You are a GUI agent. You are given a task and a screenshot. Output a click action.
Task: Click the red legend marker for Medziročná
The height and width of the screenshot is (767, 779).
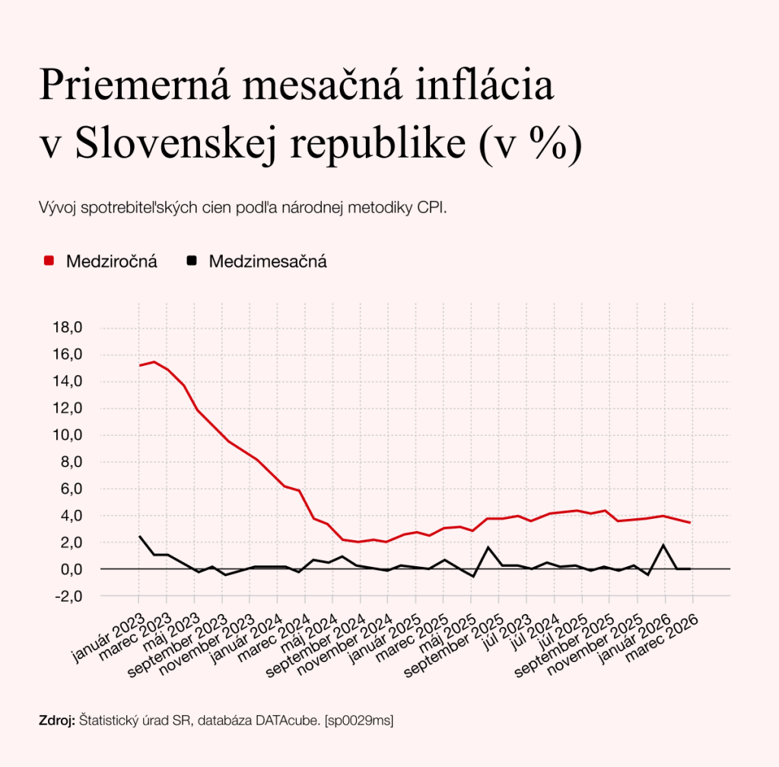(49, 261)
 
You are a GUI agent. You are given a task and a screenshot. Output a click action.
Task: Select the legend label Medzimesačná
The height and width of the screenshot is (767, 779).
(267, 262)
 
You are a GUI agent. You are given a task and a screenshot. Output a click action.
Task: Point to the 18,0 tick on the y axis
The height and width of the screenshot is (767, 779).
(66, 328)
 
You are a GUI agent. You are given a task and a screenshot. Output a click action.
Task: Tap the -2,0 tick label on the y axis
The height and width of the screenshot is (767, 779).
(66, 596)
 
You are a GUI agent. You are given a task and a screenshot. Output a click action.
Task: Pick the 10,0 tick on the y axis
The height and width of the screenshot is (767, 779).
(66, 435)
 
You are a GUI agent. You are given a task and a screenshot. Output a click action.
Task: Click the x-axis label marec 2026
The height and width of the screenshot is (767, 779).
(662, 631)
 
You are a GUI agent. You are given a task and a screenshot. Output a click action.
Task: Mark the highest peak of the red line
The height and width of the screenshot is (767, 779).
(154, 361)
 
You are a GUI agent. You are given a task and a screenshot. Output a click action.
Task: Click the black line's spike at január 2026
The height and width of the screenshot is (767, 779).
(664, 545)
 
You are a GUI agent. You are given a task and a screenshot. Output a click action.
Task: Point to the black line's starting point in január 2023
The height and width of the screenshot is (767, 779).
(139, 536)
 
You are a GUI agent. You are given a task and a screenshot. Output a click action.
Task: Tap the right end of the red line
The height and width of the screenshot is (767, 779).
(690, 522)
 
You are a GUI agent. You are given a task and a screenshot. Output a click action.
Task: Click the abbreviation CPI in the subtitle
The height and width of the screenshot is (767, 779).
(431, 208)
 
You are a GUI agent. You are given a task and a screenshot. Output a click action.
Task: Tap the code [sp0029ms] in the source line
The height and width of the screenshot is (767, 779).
(359, 721)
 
